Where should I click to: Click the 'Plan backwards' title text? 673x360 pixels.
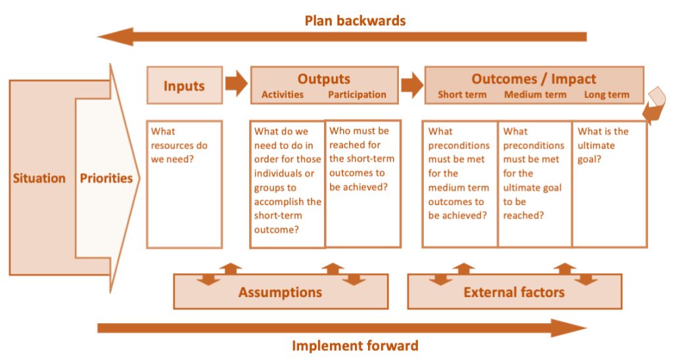pyautogui.click(x=355, y=20)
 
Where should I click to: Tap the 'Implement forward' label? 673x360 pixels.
pyautogui.click(x=355, y=346)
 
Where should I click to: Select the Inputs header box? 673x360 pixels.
pyautogui.click(x=185, y=85)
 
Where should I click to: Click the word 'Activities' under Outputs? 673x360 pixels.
pyautogui.click(x=283, y=95)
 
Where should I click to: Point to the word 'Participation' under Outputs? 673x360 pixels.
pyautogui.click(x=357, y=95)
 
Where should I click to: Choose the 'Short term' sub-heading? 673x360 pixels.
pyautogui.click(x=462, y=95)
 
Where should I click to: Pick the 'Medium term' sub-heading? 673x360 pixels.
pyautogui.click(x=535, y=95)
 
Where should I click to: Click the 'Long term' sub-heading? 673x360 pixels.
pyautogui.click(x=607, y=95)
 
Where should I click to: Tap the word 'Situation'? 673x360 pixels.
pyautogui.click(x=39, y=178)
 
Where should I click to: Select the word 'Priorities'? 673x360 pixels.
pyautogui.click(x=106, y=178)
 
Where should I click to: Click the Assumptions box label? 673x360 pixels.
pyautogui.click(x=280, y=292)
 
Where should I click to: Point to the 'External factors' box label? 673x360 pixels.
pyautogui.click(x=514, y=292)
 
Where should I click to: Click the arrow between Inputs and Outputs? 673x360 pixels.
pyautogui.click(x=237, y=83)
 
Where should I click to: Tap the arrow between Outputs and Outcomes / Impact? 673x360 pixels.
pyautogui.click(x=412, y=84)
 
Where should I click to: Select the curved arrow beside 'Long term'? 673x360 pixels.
pyautogui.click(x=655, y=106)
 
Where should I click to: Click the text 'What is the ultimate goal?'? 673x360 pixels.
pyautogui.click(x=603, y=145)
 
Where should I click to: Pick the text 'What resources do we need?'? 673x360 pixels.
pyautogui.click(x=179, y=145)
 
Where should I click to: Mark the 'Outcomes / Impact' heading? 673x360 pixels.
pyautogui.click(x=534, y=79)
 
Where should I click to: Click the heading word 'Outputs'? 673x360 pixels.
pyautogui.click(x=323, y=79)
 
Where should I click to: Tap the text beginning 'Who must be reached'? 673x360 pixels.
pyautogui.click(x=361, y=159)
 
